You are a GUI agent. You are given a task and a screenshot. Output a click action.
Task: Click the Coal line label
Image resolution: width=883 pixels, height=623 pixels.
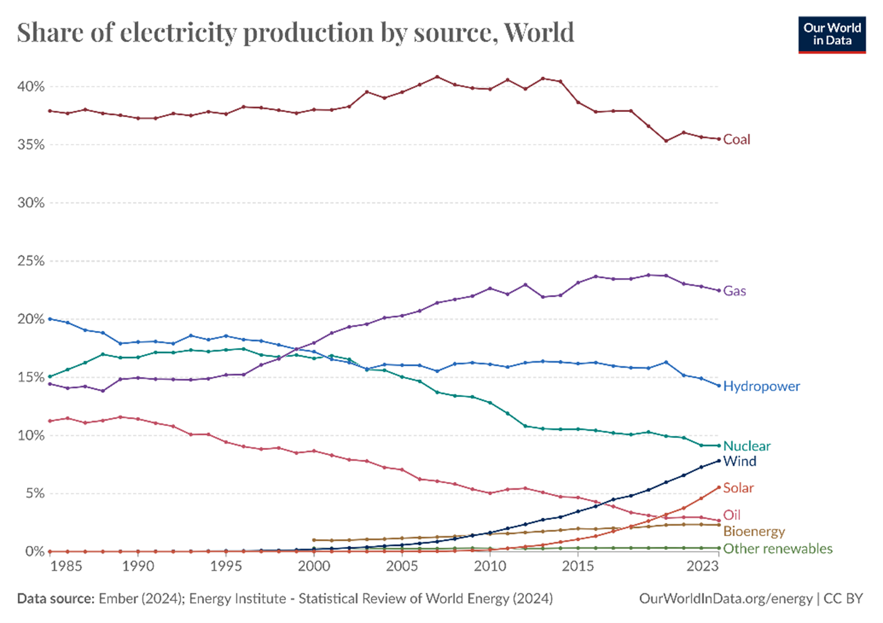736,140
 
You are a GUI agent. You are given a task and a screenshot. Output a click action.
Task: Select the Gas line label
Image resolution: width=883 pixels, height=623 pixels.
734,291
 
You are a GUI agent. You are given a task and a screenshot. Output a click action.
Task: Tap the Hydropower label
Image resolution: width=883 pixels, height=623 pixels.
761,386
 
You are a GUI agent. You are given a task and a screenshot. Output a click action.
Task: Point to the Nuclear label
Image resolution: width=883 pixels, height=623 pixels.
747,446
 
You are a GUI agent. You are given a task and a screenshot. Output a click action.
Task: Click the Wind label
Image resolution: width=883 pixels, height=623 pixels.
740,461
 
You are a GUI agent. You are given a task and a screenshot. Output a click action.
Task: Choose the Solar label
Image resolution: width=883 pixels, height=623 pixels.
738,488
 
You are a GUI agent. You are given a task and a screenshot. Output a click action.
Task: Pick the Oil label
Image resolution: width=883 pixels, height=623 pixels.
732,515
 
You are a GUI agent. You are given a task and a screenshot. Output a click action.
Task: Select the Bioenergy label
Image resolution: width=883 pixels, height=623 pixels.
754,532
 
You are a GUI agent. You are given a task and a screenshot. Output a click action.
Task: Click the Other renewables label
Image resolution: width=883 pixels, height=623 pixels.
778,549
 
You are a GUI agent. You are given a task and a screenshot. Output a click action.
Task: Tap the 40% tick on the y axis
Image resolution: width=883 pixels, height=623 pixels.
31,87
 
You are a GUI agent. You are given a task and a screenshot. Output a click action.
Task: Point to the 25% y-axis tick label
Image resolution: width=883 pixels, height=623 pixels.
31,261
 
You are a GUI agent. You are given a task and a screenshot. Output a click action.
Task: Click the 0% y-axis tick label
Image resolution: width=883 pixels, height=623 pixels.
35,552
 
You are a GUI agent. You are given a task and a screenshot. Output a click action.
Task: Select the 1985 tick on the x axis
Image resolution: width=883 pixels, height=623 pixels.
66,566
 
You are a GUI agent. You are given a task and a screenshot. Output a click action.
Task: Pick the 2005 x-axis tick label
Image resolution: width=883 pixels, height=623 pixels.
402,566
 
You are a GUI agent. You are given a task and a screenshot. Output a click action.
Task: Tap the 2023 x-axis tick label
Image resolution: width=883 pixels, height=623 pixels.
702,566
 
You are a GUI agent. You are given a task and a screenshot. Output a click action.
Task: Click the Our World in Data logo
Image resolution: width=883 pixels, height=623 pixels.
832,35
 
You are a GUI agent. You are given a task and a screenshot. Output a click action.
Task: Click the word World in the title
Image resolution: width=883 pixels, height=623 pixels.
539,33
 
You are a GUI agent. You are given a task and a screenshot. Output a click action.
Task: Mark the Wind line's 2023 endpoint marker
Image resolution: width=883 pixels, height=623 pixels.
719,461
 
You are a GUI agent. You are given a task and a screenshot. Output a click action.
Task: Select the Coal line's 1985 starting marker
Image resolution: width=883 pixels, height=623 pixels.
50,111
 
